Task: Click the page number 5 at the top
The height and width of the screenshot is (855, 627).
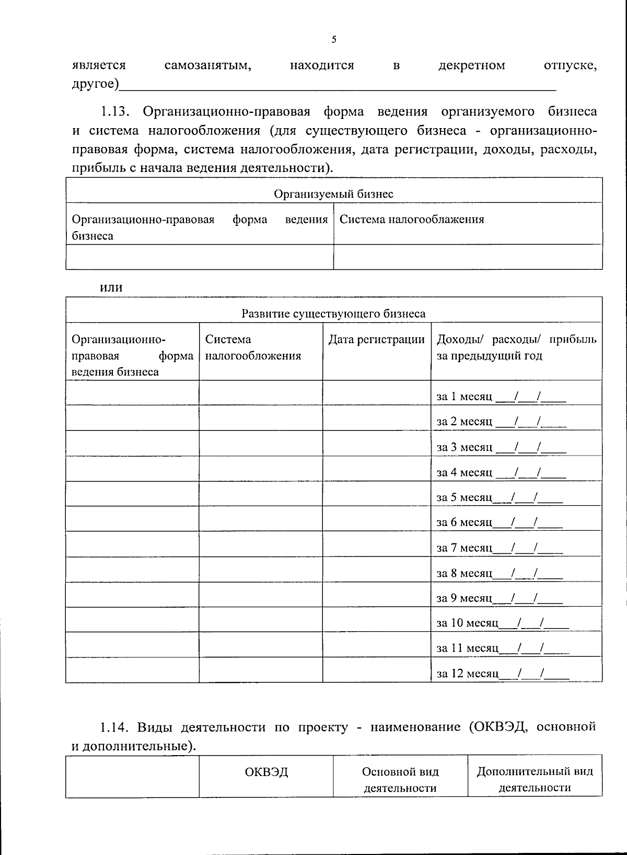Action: click(x=334, y=40)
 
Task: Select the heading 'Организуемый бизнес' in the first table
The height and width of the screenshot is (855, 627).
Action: click(x=334, y=194)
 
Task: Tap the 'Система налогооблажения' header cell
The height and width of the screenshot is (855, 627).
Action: click(x=412, y=219)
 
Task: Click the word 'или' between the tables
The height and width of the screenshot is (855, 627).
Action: click(x=111, y=287)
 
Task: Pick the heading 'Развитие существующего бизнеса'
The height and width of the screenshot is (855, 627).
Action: click(x=333, y=314)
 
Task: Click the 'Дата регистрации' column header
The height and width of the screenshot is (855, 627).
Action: click(x=376, y=339)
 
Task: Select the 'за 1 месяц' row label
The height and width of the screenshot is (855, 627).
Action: click(x=465, y=397)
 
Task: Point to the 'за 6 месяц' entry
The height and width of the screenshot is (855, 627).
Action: click(x=465, y=522)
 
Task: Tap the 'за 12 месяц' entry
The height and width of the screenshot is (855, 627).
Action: click(x=468, y=674)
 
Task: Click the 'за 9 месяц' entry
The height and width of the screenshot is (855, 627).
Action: click(x=465, y=598)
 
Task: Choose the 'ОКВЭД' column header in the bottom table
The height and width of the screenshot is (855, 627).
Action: click(x=266, y=772)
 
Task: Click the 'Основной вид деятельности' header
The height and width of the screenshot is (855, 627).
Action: click(x=400, y=780)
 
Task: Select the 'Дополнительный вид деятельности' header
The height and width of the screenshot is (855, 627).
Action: click(x=535, y=780)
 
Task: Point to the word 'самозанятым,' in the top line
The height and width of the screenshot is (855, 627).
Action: click(x=208, y=65)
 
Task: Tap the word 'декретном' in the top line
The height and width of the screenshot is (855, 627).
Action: click(x=472, y=65)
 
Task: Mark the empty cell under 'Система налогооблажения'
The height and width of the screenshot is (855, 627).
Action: click(x=468, y=257)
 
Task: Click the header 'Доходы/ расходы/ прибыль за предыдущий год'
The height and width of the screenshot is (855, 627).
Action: click(x=516, y=348)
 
